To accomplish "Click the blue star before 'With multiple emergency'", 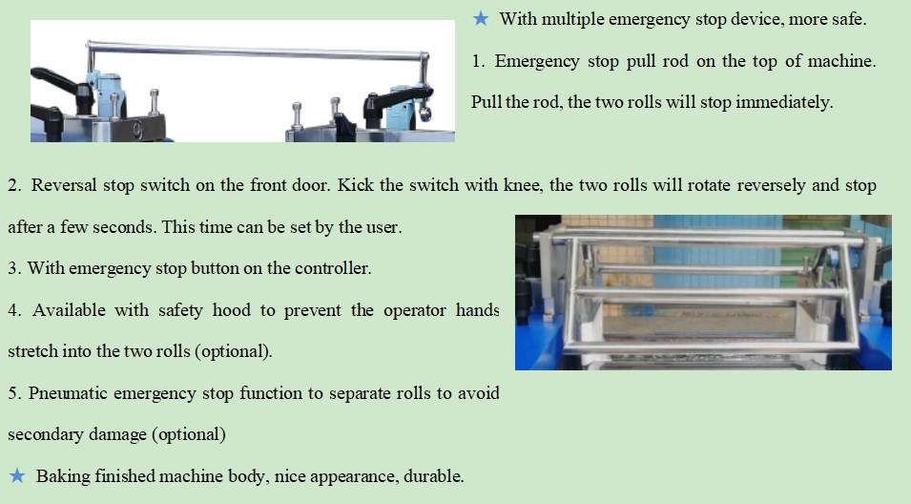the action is click(x=481, y=18).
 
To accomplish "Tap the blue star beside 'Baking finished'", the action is click(x=17, y=476).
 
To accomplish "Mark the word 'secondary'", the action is click(x=40, y=435).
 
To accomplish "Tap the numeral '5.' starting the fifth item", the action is click(x=14, y=393).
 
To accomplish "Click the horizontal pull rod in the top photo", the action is click(x=257, y=51).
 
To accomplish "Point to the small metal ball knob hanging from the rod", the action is click(x=425, y=114).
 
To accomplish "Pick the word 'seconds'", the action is click(x=123, y=227).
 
